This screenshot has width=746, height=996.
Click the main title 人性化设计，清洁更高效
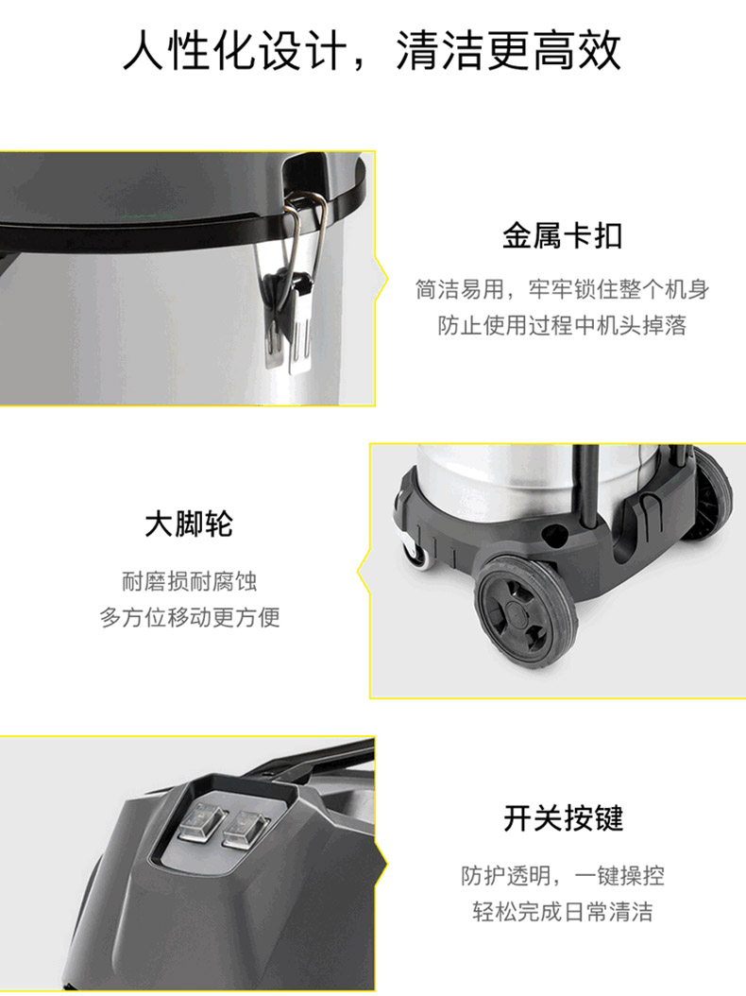click(x=372, y=50)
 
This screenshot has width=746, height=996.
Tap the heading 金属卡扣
click(x=563, y=235)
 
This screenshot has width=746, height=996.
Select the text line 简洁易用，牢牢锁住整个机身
click(x=563, y=289)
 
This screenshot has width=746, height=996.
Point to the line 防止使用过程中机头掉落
click(x=563, y=325)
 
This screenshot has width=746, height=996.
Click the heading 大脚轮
click(x=189, y=524)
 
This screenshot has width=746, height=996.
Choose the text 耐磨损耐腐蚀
click(x=189, y=580)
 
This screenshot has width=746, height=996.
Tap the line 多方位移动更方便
click(x=189, y=617)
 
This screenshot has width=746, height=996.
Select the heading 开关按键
click(x=563, y=818)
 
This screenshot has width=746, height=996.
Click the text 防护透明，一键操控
click(x=563, y=875)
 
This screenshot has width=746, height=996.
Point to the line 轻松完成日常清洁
click(x=563, y=912)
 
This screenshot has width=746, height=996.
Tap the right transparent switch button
click(x=245, y=829)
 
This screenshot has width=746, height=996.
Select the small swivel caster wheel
click(x=415, y=550)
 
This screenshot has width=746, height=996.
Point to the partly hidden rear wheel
click(x=710, y=495)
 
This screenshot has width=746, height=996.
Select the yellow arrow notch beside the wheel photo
click(x=364, y=571)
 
